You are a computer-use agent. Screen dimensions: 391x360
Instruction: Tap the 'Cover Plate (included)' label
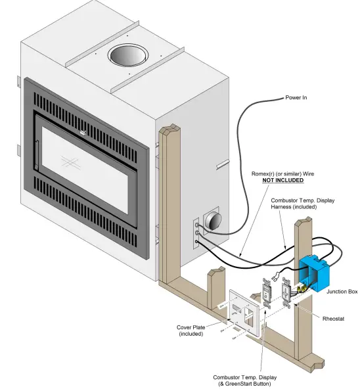pos(192,330)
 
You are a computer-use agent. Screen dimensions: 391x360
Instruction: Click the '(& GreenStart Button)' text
pos(244,383)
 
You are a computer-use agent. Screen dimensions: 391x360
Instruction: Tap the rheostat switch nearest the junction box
pos(287,293)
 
